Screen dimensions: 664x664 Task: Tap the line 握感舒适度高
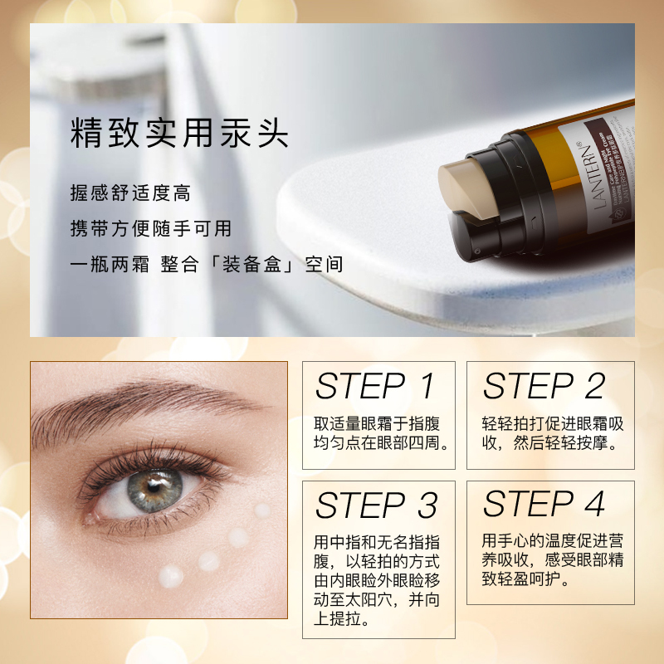click(130, 193)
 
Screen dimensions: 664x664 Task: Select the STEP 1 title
click(375, 387)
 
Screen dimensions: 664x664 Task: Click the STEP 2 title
click(544, 387)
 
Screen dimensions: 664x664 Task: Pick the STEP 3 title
click(375, 505)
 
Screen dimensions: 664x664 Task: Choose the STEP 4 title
click(544, 504)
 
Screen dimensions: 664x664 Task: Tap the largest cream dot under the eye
click(171, 575)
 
